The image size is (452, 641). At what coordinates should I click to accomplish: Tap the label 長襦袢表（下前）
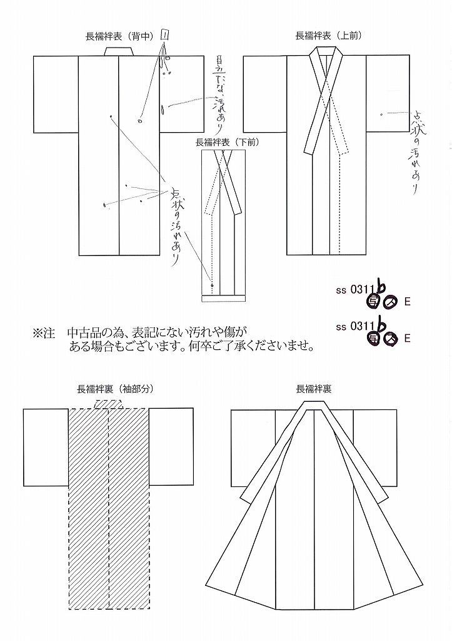coord(226,141)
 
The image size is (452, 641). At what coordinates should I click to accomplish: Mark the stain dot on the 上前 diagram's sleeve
coord(382,115)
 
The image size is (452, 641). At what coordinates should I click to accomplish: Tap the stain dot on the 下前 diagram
coord(213,285)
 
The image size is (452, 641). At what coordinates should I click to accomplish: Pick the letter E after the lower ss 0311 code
coord(407,339)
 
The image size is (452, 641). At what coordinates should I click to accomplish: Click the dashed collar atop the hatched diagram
coord(108,404)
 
